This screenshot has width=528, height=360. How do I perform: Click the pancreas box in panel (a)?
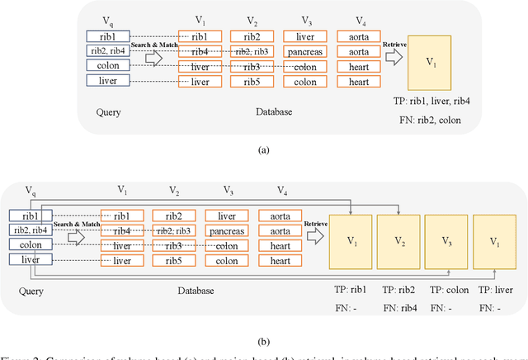(x=304, y=51)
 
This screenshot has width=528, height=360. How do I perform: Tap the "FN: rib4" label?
(x=398, y=307)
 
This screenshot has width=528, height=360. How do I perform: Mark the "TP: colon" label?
(x=446, y=291)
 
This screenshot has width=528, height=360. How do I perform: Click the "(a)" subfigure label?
(x=263, y=149)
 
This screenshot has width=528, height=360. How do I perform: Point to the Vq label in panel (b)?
(x=31, y=192)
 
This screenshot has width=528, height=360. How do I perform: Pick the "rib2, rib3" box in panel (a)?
(x=251, y=51)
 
